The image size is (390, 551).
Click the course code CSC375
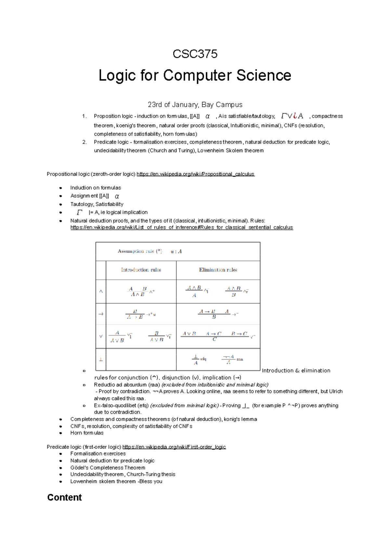tap(195, 54)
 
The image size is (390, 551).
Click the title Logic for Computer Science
tap(195, 75)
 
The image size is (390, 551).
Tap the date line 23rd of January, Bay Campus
tap(195, 104)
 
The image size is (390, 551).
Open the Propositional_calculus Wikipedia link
tap(195, 174)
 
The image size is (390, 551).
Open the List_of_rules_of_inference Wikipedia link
tap(181, 227)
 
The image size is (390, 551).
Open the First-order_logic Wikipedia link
tap(174, 447)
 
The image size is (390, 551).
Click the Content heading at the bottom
tap(64, 497)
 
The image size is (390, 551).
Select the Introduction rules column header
tap(141, 270)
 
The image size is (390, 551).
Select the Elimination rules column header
tap(218, 270)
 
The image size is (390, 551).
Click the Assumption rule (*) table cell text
tap(140, 251)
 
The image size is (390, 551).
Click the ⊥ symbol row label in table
tap(101, 360)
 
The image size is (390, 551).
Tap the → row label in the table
tap(101, 314)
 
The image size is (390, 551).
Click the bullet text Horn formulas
tap(87, 433)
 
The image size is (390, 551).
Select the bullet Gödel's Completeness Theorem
tap(108, 468)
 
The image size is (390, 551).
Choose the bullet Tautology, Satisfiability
tap(97, 204)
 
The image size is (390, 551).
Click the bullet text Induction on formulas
tap(95, 188)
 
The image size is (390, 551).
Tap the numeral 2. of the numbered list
tap(84, 142)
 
